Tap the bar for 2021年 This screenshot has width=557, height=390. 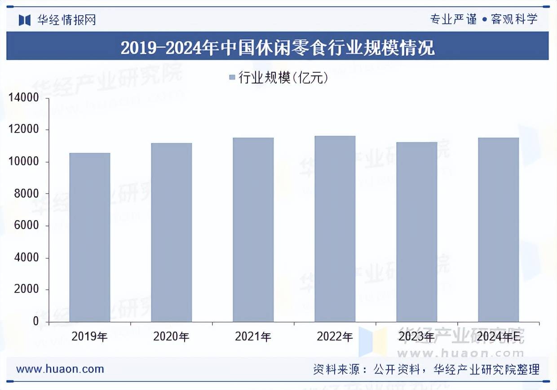point(253,230)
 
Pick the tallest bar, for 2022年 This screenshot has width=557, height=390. point(335,229)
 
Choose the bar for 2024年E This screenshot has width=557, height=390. point(499,230)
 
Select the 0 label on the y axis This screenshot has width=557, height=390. point(36,322)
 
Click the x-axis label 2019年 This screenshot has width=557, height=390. point(89,337)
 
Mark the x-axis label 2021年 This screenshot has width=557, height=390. point(253,337)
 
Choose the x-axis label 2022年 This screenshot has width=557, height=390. point(335,337)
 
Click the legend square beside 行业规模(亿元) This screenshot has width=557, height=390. point(232,78)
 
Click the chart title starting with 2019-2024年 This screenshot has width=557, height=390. point(278,47)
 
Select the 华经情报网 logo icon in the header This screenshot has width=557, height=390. point(24,20)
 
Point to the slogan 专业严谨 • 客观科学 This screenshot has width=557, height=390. point(484,19)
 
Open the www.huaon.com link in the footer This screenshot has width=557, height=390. point(60,369)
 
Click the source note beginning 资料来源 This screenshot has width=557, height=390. point(426,369)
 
